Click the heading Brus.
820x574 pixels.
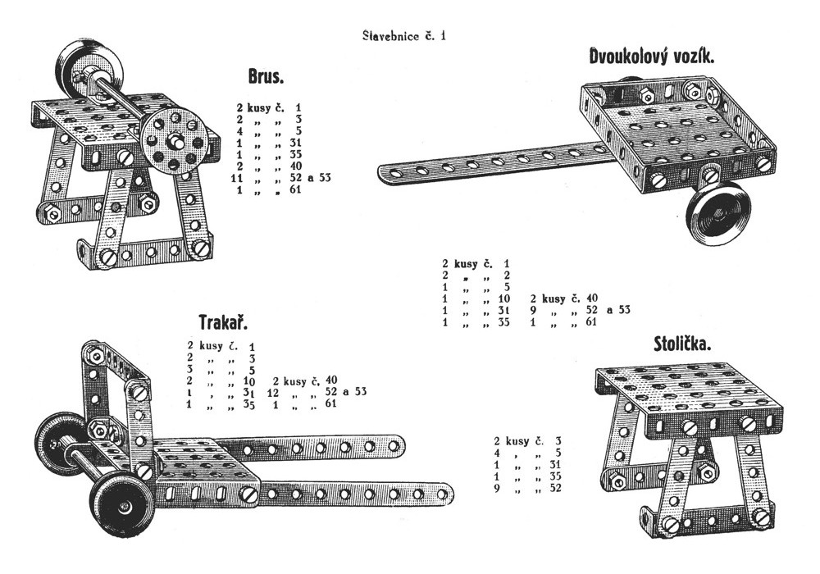(x=266, y=77)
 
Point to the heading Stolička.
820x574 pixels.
(x=682, y=344)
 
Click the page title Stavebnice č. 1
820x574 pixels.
(x=404, y=35)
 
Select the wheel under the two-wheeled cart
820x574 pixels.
(x=718, y=212)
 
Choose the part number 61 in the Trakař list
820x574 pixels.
(x=331, y=404)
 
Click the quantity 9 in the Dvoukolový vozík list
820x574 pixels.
(x=535, y=310)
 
